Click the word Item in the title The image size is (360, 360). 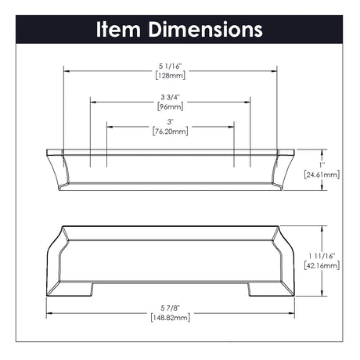coord(118,29)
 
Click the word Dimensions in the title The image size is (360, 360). coord(206,29)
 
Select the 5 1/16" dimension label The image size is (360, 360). coord(170,67)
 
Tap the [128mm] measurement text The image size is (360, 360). coord(171,76)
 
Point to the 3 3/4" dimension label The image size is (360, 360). coord(170,97)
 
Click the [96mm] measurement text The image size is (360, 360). coord(171,106)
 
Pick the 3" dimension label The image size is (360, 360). coord(171,122)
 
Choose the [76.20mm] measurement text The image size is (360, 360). coord(171,131)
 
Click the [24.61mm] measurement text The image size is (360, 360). coord(322,175)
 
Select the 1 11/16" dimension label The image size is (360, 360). coord(322,256)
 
